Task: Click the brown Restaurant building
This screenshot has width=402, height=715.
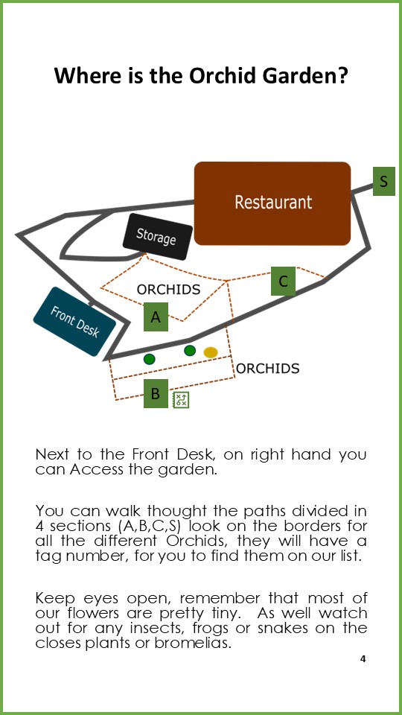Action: point(272,203)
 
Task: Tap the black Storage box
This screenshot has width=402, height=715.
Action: point(157,237)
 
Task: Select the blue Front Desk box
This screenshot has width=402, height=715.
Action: point(74,322)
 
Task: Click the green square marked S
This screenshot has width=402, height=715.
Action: point(384,181)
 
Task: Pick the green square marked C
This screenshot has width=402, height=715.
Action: point(283,281)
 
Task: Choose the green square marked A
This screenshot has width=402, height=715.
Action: point(156,317)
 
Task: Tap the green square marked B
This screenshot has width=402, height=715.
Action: point(156,393)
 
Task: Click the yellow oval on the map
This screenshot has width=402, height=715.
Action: point(211,352)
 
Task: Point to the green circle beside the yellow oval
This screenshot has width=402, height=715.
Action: point(190,350)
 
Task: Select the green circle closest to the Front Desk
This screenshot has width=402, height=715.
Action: point(149,359)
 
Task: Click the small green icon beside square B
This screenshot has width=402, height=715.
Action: point(181,399)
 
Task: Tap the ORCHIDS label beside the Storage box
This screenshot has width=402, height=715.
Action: point(169,290)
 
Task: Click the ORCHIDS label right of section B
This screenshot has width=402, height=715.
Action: point(267,368)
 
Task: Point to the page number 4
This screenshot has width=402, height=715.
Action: point(363,659)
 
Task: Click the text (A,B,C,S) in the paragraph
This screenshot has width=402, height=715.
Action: point(148,526)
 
